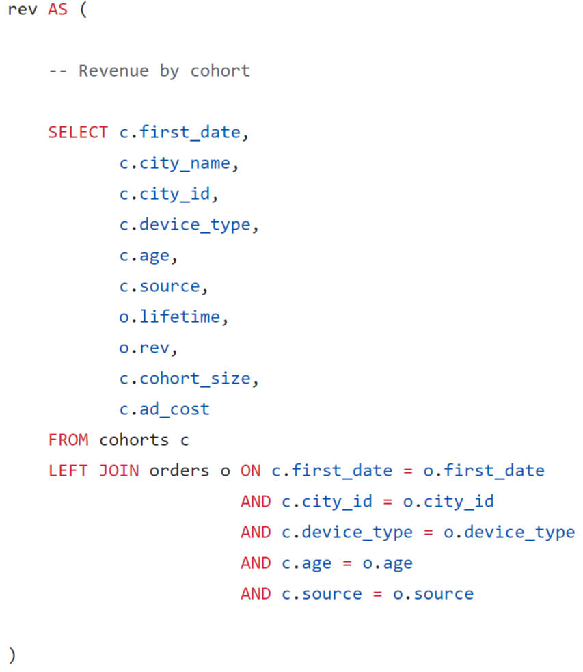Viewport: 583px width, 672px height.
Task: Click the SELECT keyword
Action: (x=77, y=133)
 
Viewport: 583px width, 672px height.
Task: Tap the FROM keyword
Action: (x=68, y=440)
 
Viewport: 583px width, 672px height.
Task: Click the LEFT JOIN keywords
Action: (x=93, y=471)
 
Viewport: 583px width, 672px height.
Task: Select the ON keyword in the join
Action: (x=250, y=471)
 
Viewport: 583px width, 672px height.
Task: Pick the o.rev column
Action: (x=148, y=348)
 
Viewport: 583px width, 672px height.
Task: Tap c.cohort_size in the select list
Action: (x=189, y=379)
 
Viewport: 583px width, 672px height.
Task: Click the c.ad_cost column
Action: (x=164, y=409)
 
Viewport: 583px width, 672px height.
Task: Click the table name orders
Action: (x=179, y=471)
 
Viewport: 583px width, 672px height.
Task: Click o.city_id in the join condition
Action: (x=448, y=502)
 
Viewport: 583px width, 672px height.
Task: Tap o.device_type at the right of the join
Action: (x=509, y=533)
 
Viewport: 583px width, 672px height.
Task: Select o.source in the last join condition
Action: (x=433, y=594)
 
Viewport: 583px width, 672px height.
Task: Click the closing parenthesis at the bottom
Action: (x=12, y=655)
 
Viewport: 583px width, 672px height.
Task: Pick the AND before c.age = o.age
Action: (x=256, y=563)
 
